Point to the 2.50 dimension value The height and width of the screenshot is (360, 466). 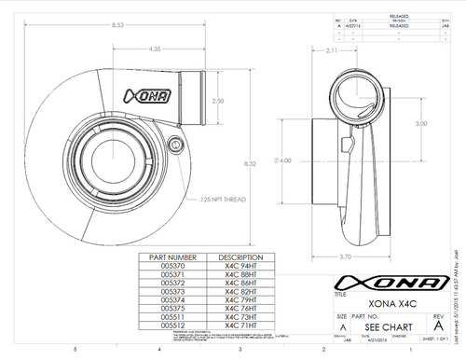click(217, 101)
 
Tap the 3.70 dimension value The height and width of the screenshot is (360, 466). click(345, 256)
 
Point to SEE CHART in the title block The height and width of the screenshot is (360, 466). click(382, 329)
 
